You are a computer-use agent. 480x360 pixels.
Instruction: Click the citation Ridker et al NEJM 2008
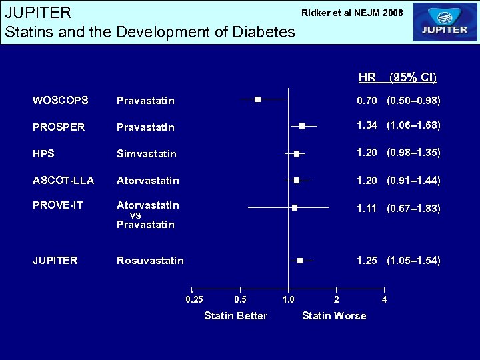point(352,13)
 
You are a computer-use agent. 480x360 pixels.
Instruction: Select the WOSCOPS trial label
point(60,101)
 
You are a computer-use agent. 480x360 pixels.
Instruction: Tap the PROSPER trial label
point(59,127)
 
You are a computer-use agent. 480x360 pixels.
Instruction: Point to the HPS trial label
point(43,153)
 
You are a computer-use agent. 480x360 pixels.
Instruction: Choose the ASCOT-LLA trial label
point(63,180)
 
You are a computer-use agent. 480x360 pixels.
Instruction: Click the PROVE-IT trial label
point(58,205)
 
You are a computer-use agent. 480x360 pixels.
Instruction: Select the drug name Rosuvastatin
point(150,261)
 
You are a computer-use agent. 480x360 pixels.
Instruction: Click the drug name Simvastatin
point(147,154)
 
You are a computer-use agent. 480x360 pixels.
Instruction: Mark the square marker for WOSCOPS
point(257,99)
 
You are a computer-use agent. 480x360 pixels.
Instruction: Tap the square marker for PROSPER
point(302,125)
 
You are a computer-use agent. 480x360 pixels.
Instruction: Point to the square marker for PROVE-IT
point(294,207)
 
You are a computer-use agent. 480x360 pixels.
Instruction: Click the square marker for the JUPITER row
point(300,260)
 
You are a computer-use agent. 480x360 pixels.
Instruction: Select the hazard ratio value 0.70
point(367,101)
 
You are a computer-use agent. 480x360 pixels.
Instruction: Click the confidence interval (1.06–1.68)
point(413,125)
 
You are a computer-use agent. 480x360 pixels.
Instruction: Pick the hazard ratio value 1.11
point(367,209)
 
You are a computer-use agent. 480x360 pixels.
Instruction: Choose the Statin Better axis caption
point(235,316)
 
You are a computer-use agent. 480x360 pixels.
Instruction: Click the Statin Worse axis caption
point(334,316)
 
